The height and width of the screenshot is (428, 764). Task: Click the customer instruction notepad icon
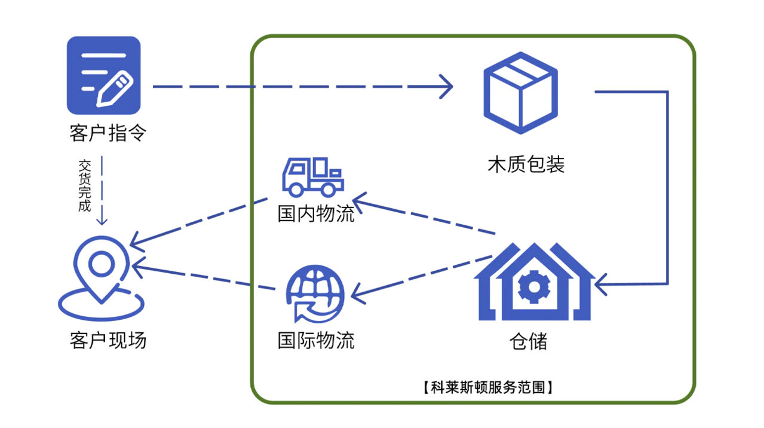(x=103, y=75)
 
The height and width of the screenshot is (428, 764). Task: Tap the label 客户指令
(x=108, y=133)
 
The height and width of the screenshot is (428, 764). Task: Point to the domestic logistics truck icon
(x=311, y=177)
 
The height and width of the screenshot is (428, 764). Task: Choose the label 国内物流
(x=316, y=213)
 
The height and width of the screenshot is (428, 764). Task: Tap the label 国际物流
(x=316, y=340)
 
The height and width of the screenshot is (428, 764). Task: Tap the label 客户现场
(x=108, y=340)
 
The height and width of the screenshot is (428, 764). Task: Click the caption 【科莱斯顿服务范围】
(x=487, y=387)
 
